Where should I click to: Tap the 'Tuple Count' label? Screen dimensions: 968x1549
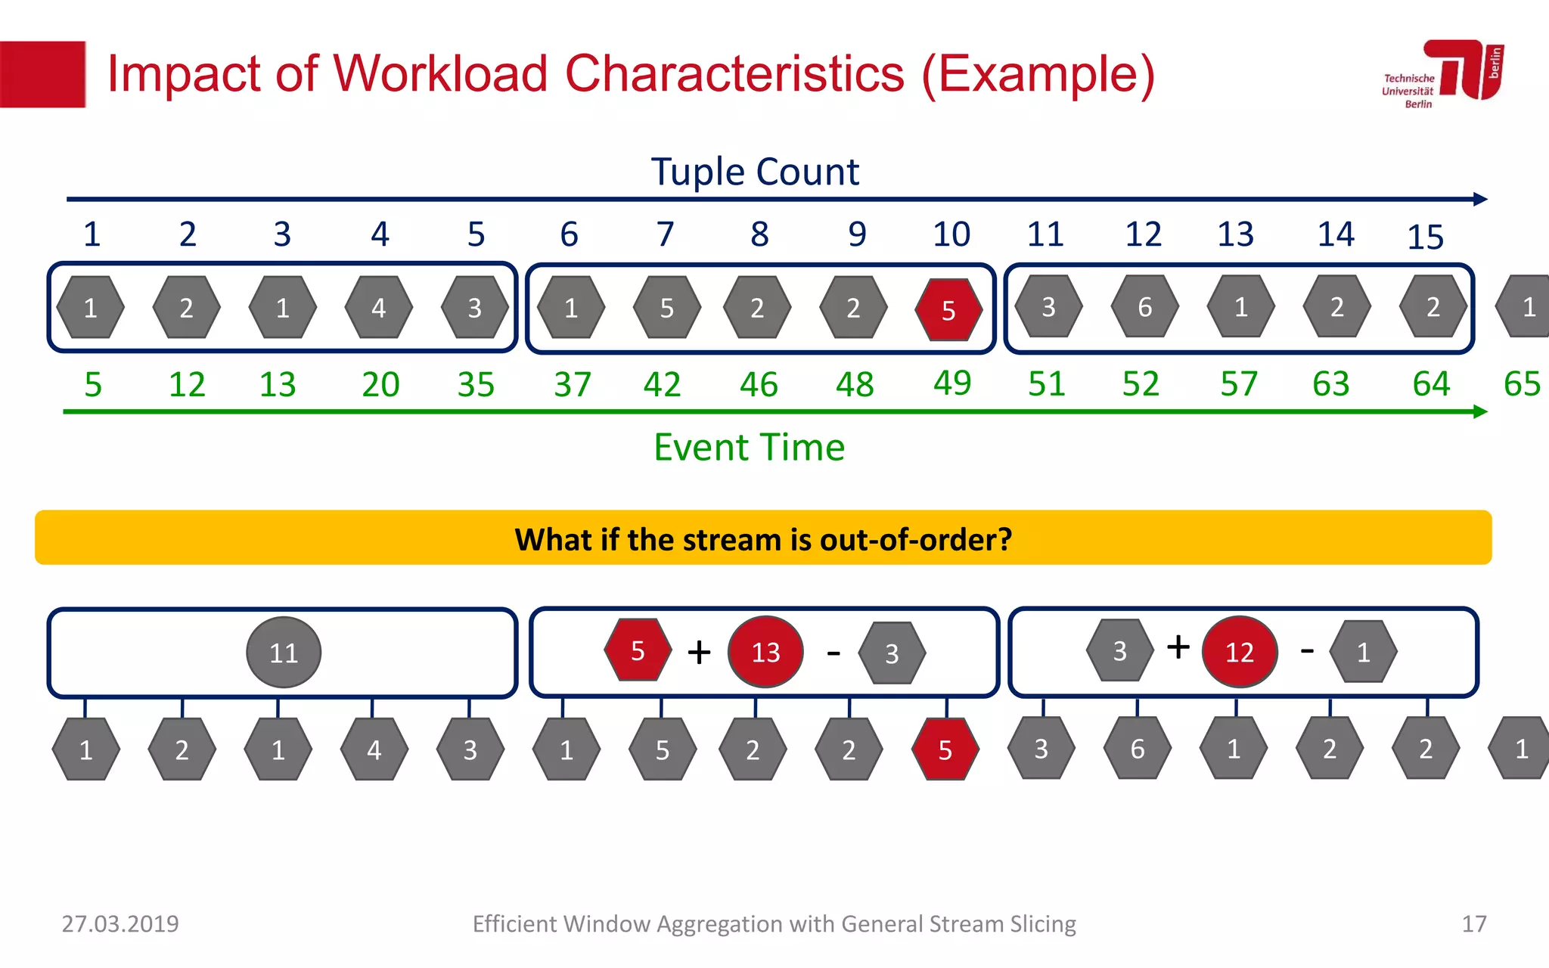tap(754, 172)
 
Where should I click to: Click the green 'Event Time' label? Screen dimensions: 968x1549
tap(749, 447)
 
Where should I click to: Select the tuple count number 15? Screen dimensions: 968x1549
tap(1425, 237)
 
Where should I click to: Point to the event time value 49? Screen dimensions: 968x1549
tap(951, 383)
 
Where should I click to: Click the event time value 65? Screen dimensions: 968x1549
tap(1521, 384)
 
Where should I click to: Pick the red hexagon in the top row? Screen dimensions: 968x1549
tap(948, 309)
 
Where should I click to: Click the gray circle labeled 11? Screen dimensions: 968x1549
tap(284, 652)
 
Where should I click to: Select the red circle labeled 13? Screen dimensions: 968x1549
tap(765, 651)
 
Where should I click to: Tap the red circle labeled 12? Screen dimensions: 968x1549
tap(1239, 651)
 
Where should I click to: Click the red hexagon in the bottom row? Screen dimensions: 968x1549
tap(945, 749)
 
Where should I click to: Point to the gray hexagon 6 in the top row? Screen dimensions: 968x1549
tap(1144, 307)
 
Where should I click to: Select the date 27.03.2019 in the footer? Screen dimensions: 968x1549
tap(120, 923)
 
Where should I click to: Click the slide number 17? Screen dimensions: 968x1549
tap(1473, 923)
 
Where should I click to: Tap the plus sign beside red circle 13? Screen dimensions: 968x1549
tap(699, 652)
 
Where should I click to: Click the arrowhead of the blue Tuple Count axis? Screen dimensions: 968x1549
tap(1481, 200)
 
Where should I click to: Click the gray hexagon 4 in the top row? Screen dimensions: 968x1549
tap(378, 308)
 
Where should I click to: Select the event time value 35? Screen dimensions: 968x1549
tap(476, 384)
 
